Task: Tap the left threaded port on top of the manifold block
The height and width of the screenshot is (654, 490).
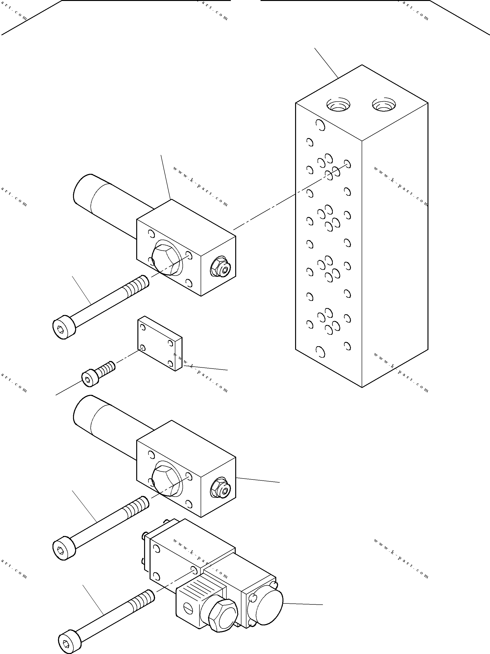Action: click(338, 105)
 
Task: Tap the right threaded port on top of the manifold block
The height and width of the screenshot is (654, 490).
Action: click(384, 105)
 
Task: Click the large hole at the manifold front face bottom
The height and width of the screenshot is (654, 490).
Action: click(320, 352)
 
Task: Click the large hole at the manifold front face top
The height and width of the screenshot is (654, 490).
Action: click(320, 125)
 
